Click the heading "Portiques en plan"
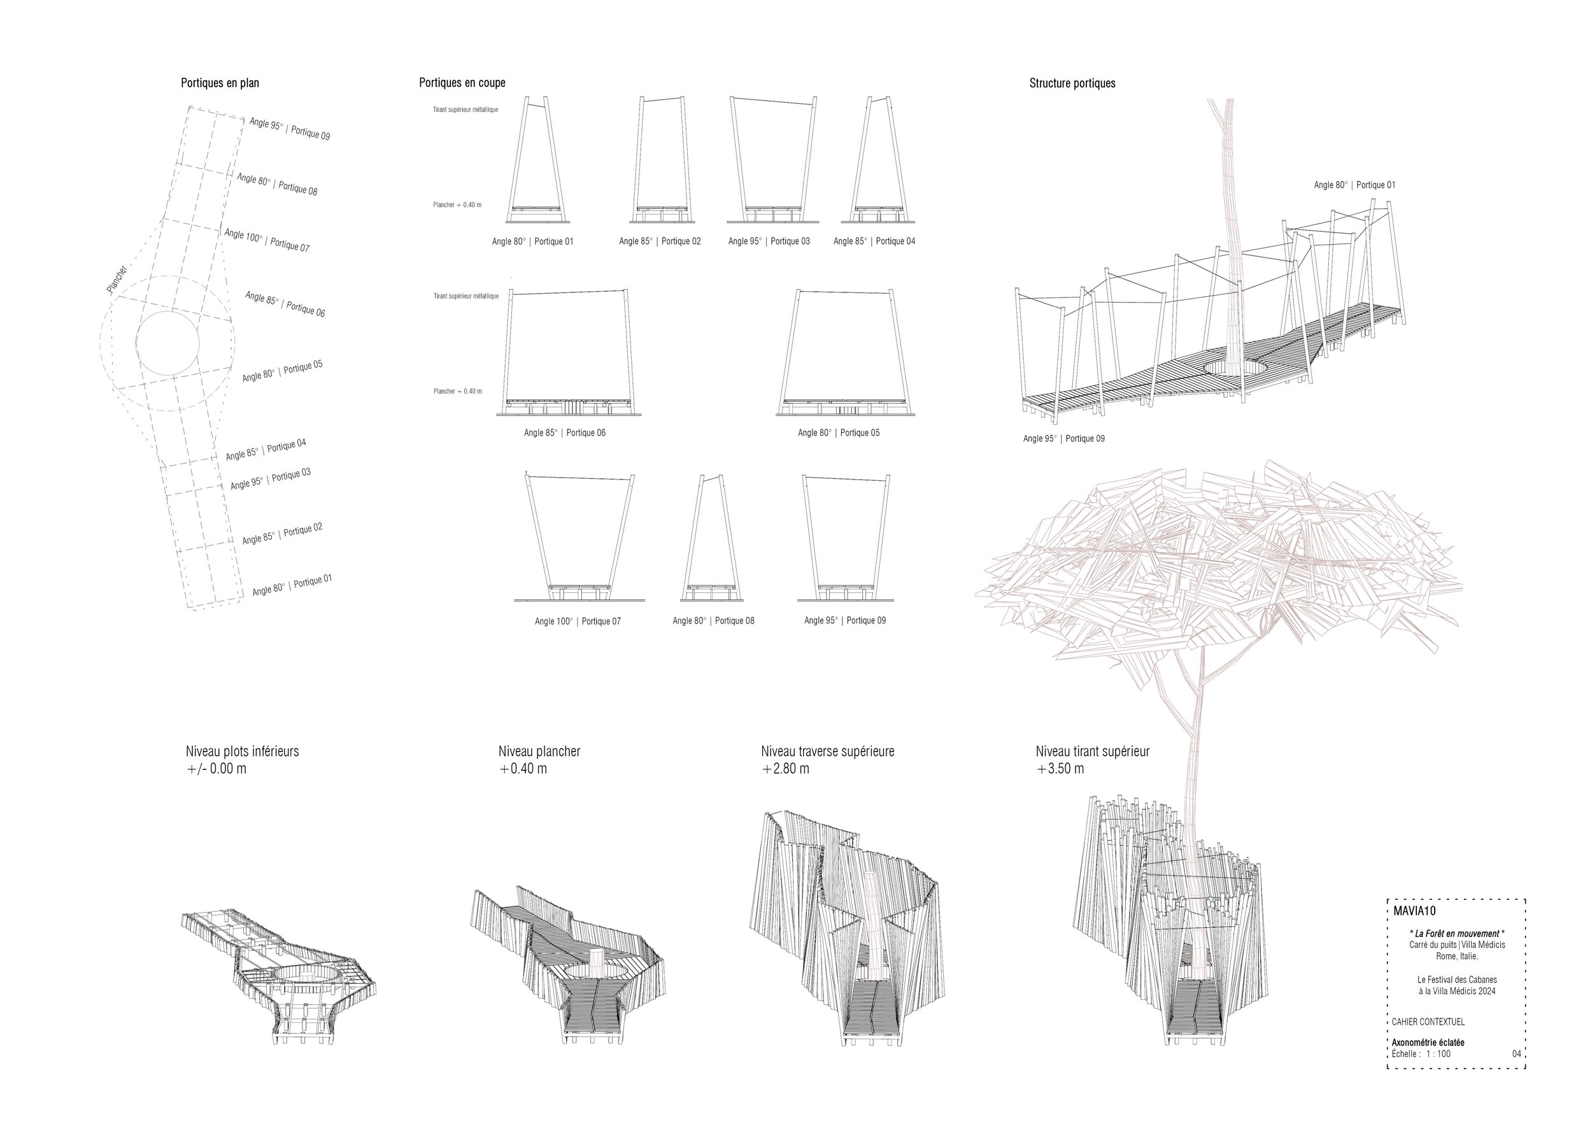(220, 83)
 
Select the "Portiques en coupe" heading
(462, 83)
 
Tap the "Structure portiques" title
(1072, 83)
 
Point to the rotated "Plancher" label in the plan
(117, 279)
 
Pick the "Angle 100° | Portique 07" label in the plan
(267, 240)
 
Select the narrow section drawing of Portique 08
(712, 538)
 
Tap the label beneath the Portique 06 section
(564, 432)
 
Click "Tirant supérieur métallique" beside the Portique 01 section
(466, 110)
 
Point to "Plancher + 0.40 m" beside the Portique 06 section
(458, 391)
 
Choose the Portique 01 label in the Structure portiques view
(1354, 185)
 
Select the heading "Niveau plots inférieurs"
(242, 751)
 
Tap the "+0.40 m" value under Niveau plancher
(523, 769)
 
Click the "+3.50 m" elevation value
(1060, 769)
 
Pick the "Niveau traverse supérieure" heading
(827, 751)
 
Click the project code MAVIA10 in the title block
(1414, 911)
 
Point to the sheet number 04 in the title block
(1516, 1054)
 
